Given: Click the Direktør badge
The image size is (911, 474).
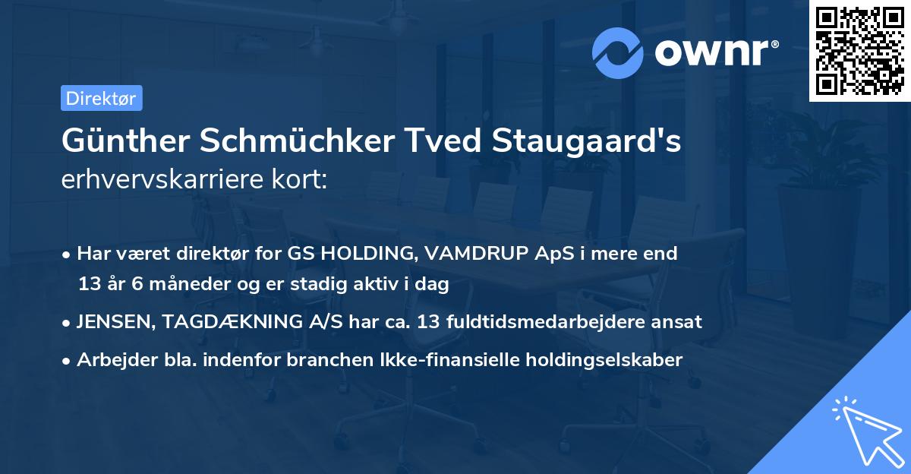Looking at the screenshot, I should [x=101, y=99].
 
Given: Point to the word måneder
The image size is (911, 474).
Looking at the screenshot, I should [x=170, y=285].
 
